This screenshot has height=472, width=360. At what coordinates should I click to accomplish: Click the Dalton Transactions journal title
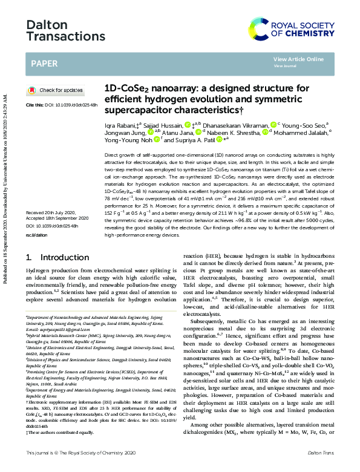pos(57,30)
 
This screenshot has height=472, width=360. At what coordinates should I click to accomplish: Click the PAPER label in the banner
pos(44,63)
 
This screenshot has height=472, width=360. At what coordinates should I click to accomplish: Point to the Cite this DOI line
pos(61,106)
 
